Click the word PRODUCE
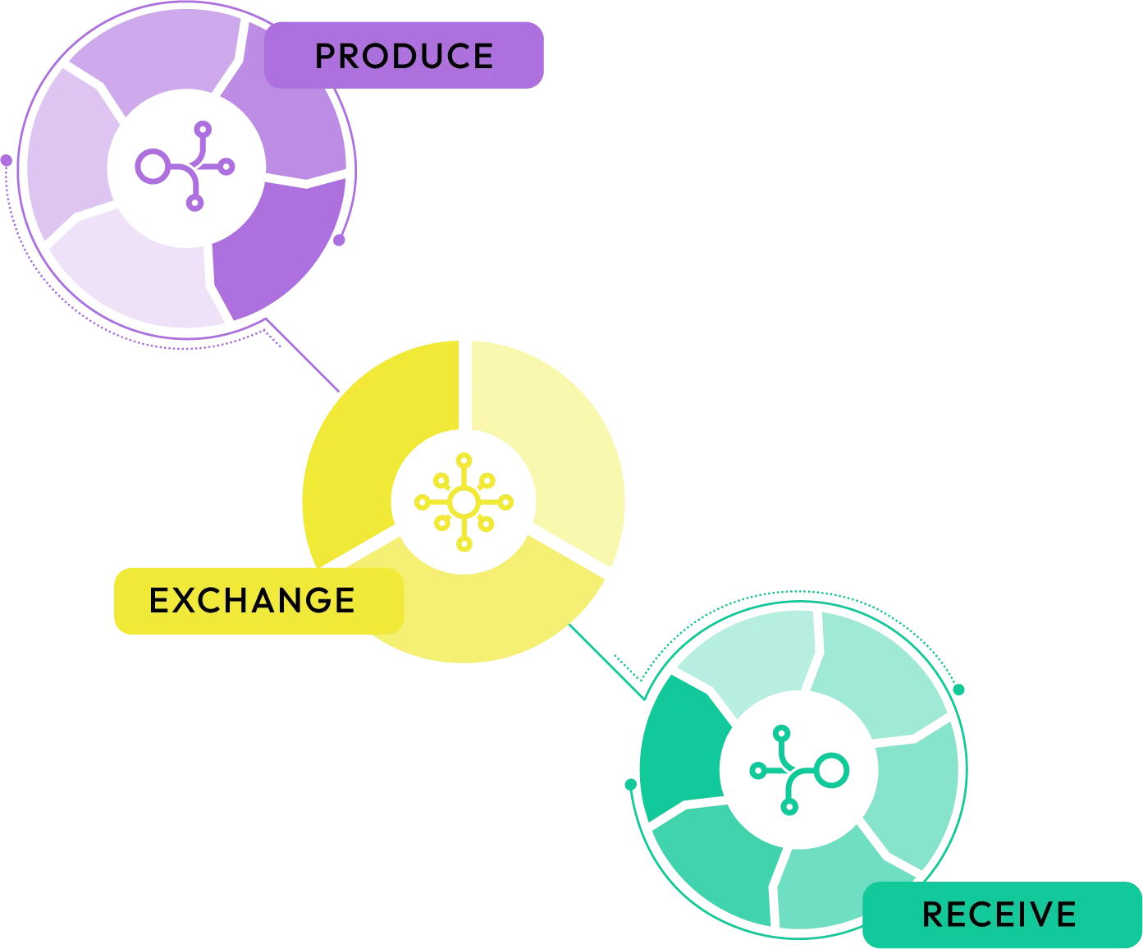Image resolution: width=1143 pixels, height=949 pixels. (x=404, y=56)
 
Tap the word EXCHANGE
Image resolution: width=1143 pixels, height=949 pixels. (x=252, y=600)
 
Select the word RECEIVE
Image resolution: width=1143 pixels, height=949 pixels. (x=999, y=914)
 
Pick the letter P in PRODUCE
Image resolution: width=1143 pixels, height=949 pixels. (x=325, y=56)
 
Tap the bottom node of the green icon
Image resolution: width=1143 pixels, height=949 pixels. (x=787, y=808)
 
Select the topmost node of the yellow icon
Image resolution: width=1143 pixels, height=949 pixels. (x=464, y=458)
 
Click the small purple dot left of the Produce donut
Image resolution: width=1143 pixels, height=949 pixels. (x=7, y=162)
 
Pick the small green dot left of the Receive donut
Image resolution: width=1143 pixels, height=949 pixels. (x=630, y=785)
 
